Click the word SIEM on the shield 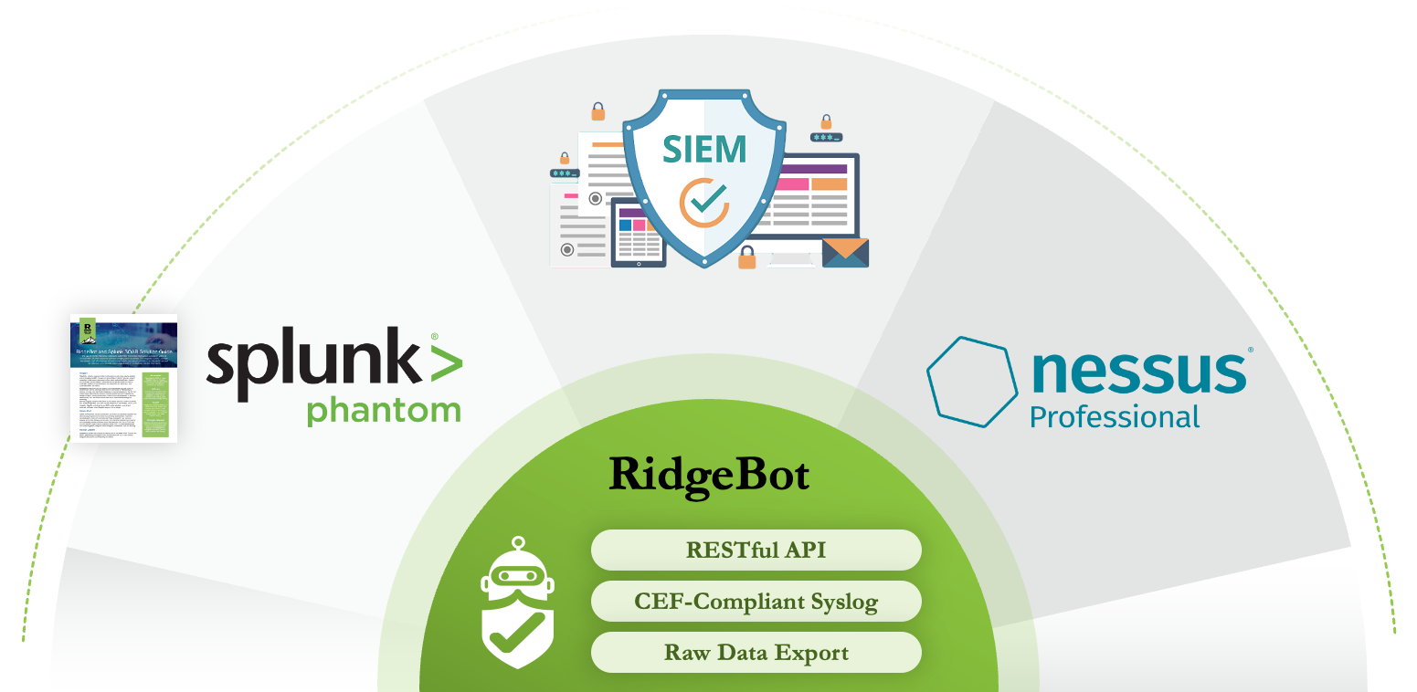pyautogui.click(x=704, y=147)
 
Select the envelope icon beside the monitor pyautogui.click(x=845, y=252)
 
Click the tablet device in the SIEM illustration pyautogui.click(x=638, y=234)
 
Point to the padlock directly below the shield pyautogui.click(x=747, y=257)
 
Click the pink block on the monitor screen pyautogui.click(x=791, y=183)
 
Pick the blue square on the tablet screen pyautogui.click(x=626, y=225)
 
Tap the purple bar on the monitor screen pyautogui.click(x=810, y=169)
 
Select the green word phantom pyautogui.click(x=383, y=410)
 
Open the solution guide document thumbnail pyautogui.click(x=124, y=378)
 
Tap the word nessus pyautogui.click(x=1138, y=371)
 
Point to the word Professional pyautogui.click(x=1114, y=417)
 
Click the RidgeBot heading pyautogui.click(x=709, y=476)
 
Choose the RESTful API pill pyautogui.click(x=756, y=550)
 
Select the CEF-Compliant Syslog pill pyautogui.click(x=756, y=602)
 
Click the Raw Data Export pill pyautogui.click(x=756, y=653)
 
